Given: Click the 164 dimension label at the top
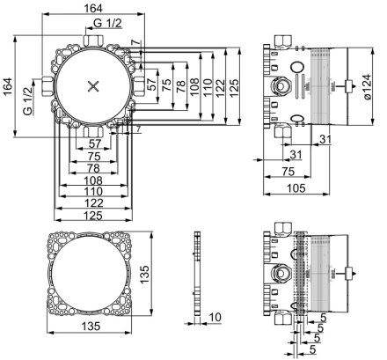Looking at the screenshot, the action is click(x=93, y=9).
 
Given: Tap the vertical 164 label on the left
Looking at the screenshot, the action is click(x=7, y=86).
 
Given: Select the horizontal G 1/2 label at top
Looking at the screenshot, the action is click(x=107, y=23).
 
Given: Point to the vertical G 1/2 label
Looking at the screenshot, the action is click(x=27, y=101).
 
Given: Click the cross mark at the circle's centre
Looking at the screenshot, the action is click(x=93, y=86).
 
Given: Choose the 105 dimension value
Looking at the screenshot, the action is click(x=296, y=188).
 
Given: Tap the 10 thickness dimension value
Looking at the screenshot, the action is click(x=215, y=317).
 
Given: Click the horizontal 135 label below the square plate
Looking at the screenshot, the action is click(x=91, y=326).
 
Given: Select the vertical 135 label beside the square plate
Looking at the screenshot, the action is click(x=144, y=275).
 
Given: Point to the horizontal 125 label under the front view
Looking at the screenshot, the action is click(x=93, y=216).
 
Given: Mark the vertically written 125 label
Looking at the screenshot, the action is click(x=234, y=87).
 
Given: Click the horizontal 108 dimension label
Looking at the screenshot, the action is click(x=93, y=180).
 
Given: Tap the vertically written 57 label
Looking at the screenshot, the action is click(x=151, y=84).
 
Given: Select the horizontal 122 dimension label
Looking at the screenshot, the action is click(x=93, y=203).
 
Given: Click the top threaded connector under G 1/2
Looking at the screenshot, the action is click(x=93, y=40).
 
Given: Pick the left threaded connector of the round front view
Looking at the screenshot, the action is click(x=47, y=86).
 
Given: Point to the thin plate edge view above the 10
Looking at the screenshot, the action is click(x=197, y=274).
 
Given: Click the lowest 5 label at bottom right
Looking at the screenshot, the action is click(x=313, y=349).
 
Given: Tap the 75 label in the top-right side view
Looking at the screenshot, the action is click(x=288, y=172).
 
